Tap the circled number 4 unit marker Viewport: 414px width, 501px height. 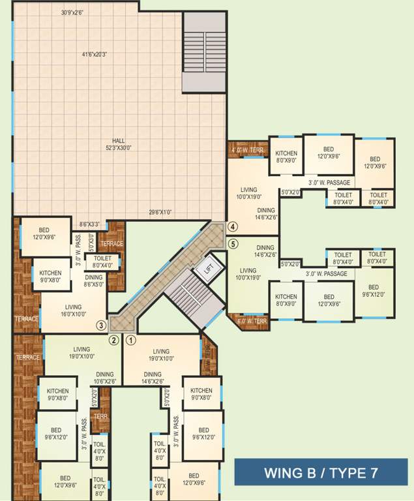233,227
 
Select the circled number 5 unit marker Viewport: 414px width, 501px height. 233,244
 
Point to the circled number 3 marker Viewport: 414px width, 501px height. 101,325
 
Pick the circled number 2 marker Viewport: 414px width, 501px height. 113,340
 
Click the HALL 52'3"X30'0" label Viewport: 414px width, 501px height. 118,144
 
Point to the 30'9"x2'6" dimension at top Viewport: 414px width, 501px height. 78,12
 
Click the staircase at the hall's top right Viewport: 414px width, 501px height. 204,52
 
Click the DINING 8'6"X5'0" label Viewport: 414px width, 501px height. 94,281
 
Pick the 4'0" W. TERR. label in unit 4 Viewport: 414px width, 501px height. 246,149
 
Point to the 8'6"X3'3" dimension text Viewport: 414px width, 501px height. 89,224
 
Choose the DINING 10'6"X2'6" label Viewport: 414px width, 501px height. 109,378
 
